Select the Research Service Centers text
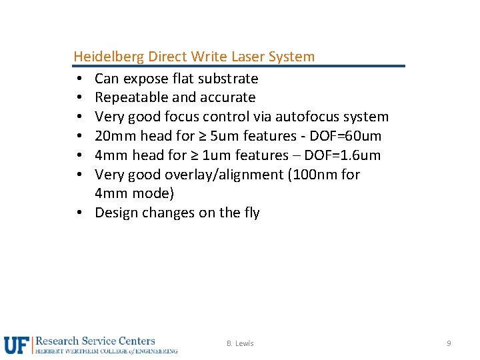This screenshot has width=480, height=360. tap(95, 341)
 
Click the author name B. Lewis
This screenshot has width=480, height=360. tap(240, 343)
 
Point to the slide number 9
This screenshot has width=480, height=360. tap(449, 343)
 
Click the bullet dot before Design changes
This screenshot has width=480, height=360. tap(79, 213)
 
